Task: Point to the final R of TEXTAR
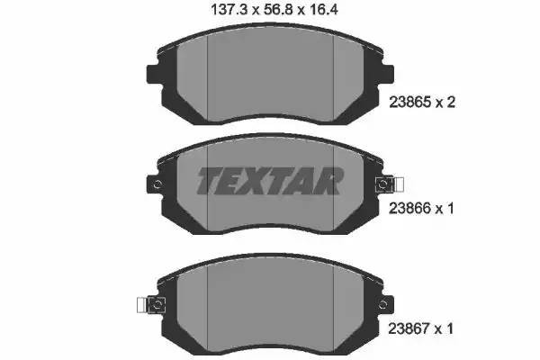click(327, 182)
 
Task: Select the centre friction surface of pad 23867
click(270, 301)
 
